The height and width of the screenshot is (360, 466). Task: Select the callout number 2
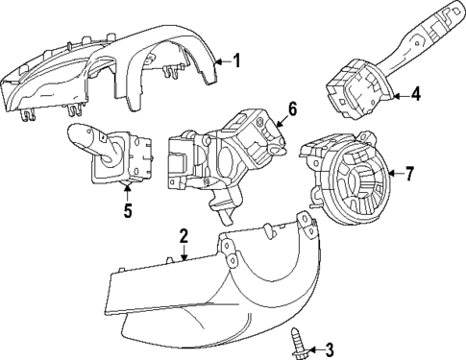click(x=183, y=236)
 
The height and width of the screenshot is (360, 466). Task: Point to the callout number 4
click(x=416, y=94)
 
